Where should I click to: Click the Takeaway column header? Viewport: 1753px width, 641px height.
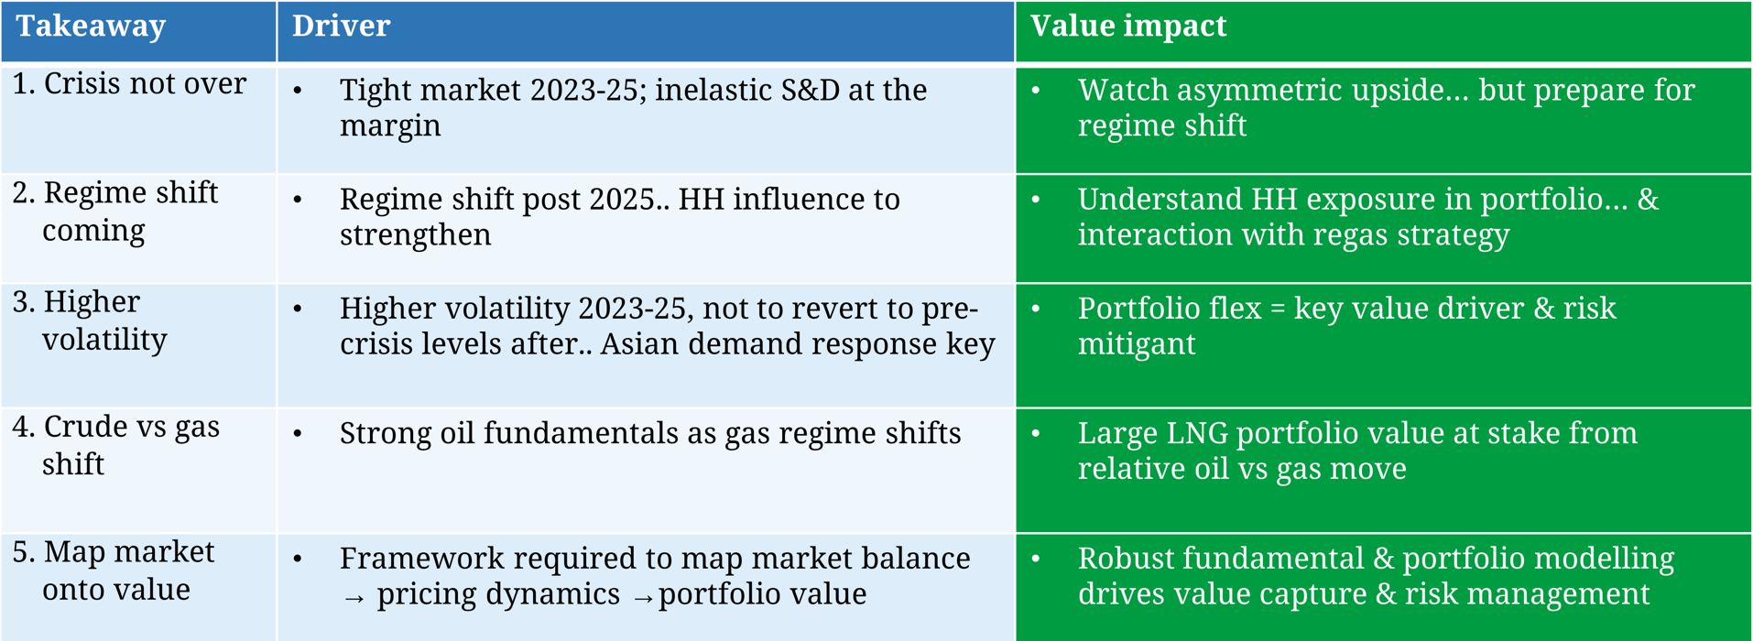tap(91, 27)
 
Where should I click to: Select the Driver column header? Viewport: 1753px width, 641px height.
tap(341, 26)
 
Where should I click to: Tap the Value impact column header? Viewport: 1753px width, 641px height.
tap(1128, 27)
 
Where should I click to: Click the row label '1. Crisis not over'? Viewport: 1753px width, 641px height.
tap(129, 83)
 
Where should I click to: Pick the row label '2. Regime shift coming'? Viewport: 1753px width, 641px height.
tap(115, 211)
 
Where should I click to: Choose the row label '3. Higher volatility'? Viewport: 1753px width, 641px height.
tap(90, 320)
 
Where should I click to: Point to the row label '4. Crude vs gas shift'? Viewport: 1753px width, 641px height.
tap(116, 445)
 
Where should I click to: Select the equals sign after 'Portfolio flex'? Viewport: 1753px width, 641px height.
tap(1278, 310)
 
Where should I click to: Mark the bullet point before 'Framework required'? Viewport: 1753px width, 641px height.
tap(298, 559)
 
